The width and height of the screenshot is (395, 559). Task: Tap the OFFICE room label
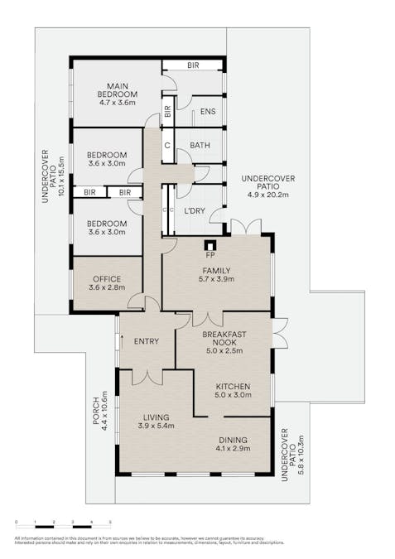[107, 279]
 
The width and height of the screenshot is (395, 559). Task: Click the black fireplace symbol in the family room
[210, 245]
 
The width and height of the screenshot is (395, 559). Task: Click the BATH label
[200, 146]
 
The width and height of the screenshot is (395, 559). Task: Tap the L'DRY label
[194, 211]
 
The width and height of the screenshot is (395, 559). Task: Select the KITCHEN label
[233, 386]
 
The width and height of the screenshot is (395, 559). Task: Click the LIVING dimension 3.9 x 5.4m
[155, 426]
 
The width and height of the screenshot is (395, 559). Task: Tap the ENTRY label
[147, 341]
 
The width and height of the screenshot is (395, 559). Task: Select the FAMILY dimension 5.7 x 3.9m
[216, 280]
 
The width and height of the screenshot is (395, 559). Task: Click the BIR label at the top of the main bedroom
[192, 64]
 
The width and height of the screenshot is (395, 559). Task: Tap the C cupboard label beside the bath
[166, 146]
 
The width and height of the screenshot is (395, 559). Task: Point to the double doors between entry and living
[147, 377]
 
